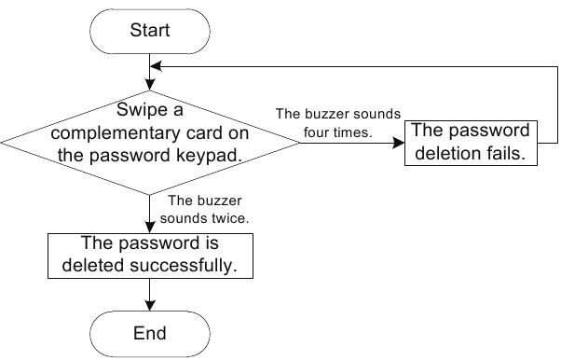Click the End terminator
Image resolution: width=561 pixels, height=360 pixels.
[x=150, y=333]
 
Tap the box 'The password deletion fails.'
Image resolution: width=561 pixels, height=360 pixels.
[x=471, y=142]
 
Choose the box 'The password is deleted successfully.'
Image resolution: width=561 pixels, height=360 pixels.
[x=150, y=255]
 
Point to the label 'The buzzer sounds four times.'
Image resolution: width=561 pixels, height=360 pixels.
[x=337, y=123]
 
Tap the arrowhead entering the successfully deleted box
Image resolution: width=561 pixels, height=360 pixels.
[x=150, y=228]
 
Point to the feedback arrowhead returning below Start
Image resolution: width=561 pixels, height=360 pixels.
[x=157, y=66]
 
